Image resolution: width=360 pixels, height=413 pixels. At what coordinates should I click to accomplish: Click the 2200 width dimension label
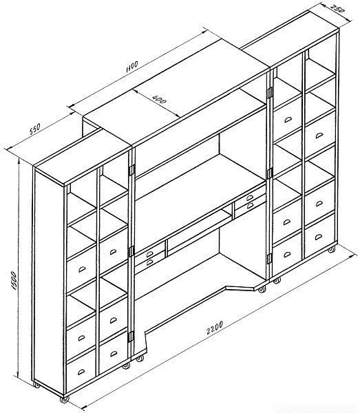coord(215,328)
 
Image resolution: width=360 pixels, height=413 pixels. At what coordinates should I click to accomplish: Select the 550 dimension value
coord(34,129)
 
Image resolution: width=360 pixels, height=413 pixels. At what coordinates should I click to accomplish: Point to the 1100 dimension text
coord(132,67)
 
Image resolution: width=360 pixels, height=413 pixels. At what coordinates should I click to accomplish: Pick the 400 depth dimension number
coord(159,99)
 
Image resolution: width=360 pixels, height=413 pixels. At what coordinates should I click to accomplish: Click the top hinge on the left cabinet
coord(131,170)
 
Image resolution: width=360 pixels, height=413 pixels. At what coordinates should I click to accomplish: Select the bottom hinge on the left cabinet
coord(130,337)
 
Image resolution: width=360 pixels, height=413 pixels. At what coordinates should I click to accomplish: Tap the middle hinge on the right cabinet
coord(269,173)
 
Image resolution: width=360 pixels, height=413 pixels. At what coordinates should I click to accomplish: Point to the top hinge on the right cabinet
coord(270,93)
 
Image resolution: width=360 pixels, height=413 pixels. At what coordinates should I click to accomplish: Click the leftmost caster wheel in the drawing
coord(36,385)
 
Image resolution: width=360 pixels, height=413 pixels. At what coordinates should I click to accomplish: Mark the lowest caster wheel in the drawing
coord(64,399)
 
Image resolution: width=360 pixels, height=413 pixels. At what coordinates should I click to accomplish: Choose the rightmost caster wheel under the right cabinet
coord(332,249)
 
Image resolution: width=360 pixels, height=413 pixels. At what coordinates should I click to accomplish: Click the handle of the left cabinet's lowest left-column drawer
coord(81,372)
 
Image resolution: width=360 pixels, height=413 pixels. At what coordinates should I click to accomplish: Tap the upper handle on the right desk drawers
coord(250,198)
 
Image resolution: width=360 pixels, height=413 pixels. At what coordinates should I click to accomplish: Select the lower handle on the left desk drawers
coord(149,262)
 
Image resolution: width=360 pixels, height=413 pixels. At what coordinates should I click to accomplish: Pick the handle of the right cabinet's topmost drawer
coord(288,120)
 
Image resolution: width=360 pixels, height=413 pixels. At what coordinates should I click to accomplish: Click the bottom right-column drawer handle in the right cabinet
coord(319,237)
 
